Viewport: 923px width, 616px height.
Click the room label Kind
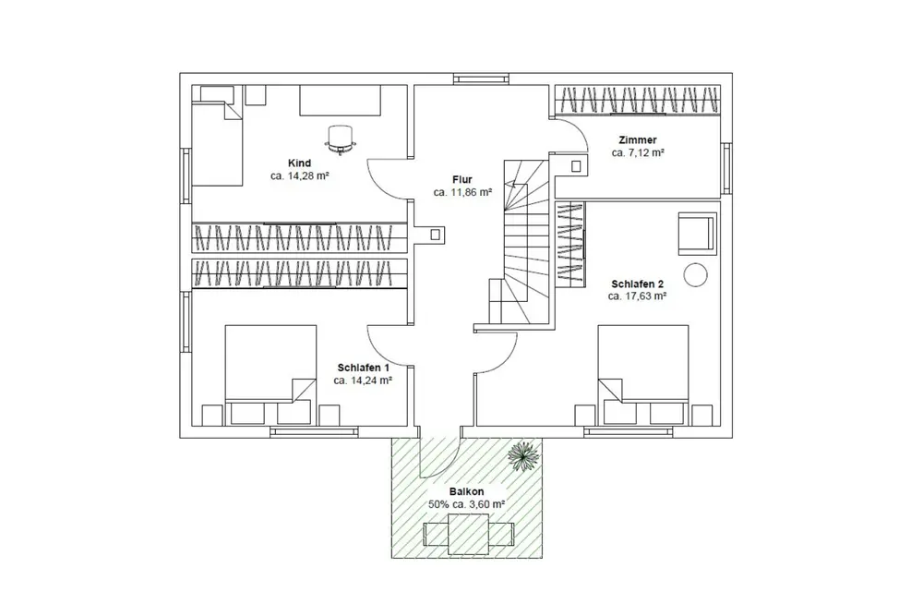pos(299,163)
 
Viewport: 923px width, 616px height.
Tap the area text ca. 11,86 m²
pos(462,192)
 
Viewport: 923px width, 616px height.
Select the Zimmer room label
pos(638,140)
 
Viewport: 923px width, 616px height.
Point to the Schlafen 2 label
pos(638,284)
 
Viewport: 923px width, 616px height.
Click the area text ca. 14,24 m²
pos(363,380)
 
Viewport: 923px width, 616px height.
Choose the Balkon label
pos(466,491)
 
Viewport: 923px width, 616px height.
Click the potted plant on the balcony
pos(523,455)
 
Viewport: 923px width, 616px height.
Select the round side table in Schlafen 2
pos(695,275)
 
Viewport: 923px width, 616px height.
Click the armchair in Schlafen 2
pos(697,234)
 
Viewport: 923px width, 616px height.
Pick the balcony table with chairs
pos(469,534)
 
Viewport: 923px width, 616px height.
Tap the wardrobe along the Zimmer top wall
pos(638,100)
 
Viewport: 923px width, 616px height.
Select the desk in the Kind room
pos(340,101)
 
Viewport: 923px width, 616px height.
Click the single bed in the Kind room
pos(217,136)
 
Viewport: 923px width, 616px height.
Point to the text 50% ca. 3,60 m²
pos(466,504)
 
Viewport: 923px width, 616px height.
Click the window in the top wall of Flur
pos(481,79)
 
